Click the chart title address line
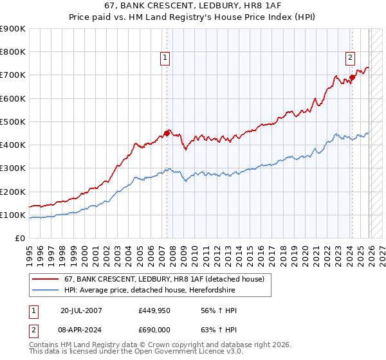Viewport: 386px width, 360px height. click(x=192, y=6)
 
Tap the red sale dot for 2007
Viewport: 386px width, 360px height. click(x=167, y=134)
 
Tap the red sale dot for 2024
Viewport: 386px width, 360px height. click(x=352, y=78)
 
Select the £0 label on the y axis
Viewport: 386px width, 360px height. click(x=19, y=238)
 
